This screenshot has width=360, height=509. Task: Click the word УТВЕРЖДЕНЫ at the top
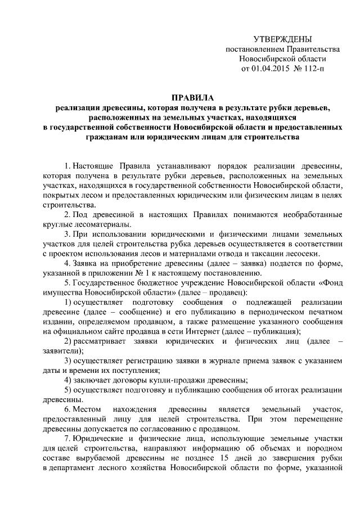click(282, 39)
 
